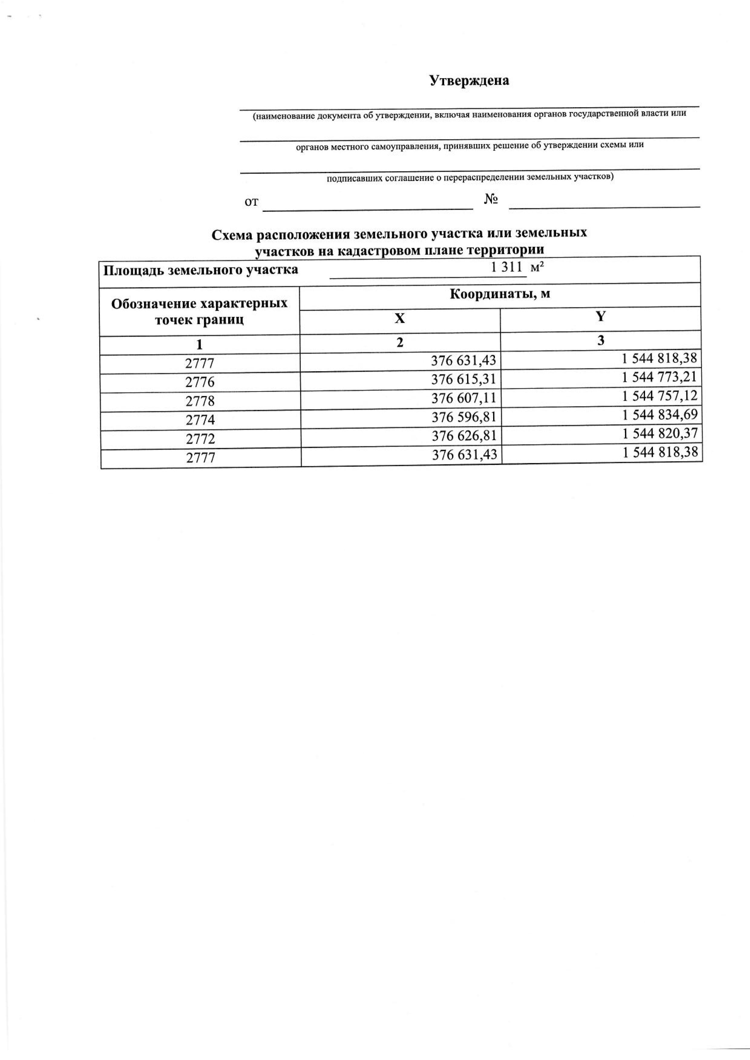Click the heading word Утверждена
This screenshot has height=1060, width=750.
[x=469, y=81]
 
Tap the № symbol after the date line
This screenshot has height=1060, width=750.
[x=491, y=199]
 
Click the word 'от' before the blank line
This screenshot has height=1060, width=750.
[x=251, y=202]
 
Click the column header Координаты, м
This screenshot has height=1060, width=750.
[x=500, y=294]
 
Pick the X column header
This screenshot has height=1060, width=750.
[x=400, y=318]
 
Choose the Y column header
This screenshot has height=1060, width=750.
[x=600, y=316]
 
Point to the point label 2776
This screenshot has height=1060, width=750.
[x=200, y=382]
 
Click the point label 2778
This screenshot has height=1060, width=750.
[x=200, y=401]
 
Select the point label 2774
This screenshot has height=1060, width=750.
[x=200, y=420]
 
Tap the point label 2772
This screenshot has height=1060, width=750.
[x=200, y=438]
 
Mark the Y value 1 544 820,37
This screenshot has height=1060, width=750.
[x=659, y=434]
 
